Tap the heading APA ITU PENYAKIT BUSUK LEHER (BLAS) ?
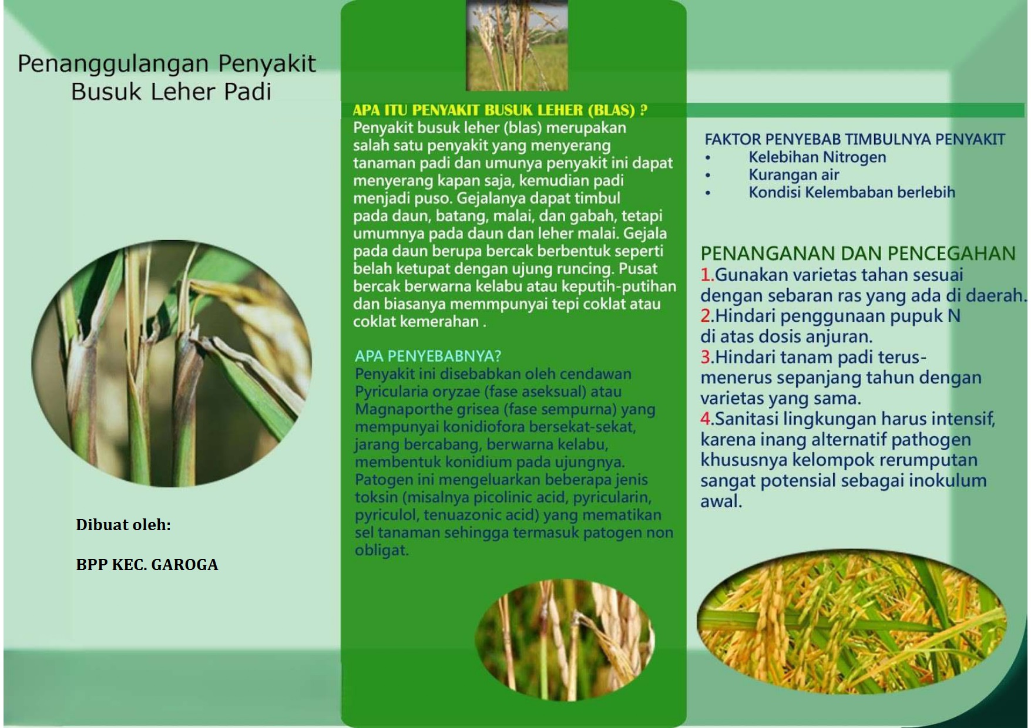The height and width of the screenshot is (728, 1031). tap(500, 110)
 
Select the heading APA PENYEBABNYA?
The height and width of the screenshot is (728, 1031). tap(428, 356)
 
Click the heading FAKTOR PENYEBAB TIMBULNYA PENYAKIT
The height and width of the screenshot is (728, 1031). tap(855, 140)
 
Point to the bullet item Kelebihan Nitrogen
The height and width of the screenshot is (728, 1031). tap(817, 157)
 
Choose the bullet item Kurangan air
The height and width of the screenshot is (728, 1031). tap(794, 175)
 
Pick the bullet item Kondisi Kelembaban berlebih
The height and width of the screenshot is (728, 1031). tap(852, 193)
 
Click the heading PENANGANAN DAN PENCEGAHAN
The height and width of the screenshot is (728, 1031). tap(858, 254)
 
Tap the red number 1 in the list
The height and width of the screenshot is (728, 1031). tap(706, 275)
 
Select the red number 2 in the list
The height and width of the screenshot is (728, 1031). tap(706, 316)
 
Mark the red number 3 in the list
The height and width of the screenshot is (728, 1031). tap(706, 357)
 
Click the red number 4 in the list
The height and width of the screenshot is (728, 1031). tap(706, 419)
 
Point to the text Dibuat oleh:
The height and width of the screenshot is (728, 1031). tap(123, 525)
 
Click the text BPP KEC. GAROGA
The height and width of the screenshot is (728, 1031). tap(147, 565)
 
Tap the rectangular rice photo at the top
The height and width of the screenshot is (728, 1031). tap(517, 45)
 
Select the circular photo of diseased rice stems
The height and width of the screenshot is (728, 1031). tap(172, 363)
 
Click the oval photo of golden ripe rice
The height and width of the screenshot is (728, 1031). tap(852, 622)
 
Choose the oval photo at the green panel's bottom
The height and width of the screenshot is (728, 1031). tap(565, 641)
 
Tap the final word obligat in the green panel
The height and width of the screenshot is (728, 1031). tap(381, 550)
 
